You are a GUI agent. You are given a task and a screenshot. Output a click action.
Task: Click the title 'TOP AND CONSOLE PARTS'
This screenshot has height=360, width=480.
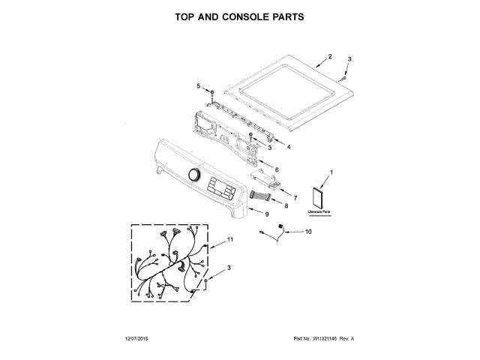pos(239,16)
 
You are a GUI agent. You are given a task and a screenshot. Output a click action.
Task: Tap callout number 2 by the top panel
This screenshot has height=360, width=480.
pos(330,56)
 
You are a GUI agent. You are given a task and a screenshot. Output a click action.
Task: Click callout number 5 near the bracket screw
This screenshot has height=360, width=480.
pos(199,86)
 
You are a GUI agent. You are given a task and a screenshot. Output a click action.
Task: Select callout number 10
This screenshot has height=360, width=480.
pos(307,232)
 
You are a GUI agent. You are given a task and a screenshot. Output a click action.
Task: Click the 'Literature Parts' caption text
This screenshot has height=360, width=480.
pos(319,213)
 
